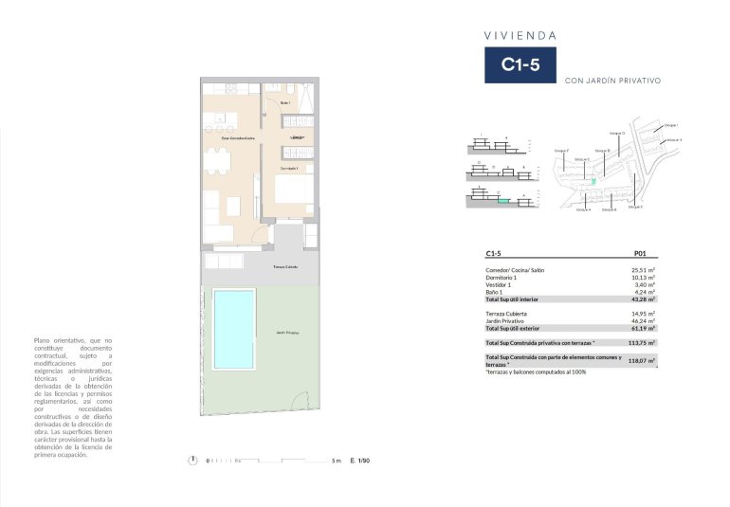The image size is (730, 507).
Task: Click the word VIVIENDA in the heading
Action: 520,35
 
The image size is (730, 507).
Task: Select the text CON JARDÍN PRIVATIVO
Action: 611,81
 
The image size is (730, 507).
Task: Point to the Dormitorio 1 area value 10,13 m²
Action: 644,278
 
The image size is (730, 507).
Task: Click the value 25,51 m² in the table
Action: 644,270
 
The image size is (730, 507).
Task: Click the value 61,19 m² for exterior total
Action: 644,328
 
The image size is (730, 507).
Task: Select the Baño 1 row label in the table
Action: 496,292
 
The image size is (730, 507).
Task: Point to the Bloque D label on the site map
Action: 601,151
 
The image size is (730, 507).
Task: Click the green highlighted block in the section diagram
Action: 503,200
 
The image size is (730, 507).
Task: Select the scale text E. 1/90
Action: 359,461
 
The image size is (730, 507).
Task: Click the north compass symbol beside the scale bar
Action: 193,461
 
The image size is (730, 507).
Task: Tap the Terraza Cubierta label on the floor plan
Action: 285,267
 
